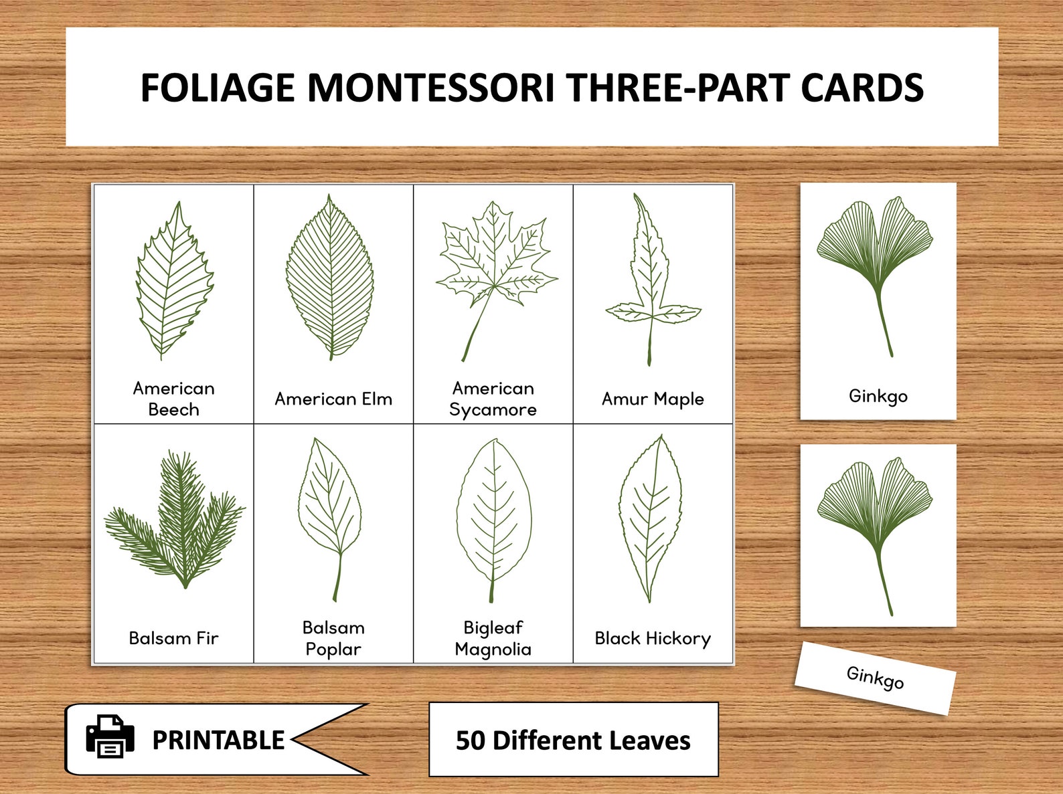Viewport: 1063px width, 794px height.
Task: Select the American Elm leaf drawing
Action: pos(330,278)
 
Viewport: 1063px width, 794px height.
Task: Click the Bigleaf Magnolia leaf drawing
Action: pos(494,515)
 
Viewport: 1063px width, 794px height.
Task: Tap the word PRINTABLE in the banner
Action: pos(218,740)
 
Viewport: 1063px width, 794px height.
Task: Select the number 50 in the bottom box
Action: pos(471,740)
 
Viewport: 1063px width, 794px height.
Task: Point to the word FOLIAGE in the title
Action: pos(218,88)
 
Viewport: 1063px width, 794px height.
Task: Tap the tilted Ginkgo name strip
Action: pos(875,678)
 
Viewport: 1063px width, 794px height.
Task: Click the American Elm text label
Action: pos(333,399)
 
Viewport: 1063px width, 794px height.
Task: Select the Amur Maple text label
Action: pos(653,399)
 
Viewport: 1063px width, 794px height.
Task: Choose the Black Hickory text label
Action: pos(653,639)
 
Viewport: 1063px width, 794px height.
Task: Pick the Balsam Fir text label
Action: pos(173,639)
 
